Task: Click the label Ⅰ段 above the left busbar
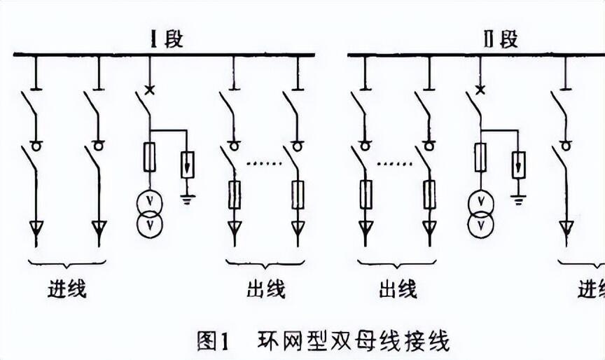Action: pyautogui.click(x=167, y=39)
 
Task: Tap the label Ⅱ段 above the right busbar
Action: pyautogui.click(x=501, y=39)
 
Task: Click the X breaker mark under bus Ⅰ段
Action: pyautogui.click(x=150, y=90)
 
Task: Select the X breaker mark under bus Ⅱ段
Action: pyautogui.click(x=480, y=90)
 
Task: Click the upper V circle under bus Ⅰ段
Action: pyautogui.click(x=150, y=202)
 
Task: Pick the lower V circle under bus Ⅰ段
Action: pyautogui.click(x=150, y=225)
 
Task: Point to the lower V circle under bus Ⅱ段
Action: pyautogui.click(x=480, y=225)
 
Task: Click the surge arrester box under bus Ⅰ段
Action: pyautogui.click(x=188, y=165)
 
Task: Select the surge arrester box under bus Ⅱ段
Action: pyautogui.click(x=519, y=165)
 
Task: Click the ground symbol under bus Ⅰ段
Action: pyautogui.click(x=188, y=200)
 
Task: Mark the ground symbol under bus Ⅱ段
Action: pyautogui.click(x=519, y=200)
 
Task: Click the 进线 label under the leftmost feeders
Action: pyautogui.click(x=67, y=289)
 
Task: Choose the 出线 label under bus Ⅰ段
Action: pyautogui.click(x=266, y=289)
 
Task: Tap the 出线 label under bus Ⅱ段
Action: pyautogui.click(x=398, y=289)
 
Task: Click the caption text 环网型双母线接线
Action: pyautogui.click(x=353, y=340)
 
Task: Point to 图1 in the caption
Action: pyautogui.click(x=213, y=340)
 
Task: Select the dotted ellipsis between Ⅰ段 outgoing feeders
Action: pyautogui.click(x=264, y=164)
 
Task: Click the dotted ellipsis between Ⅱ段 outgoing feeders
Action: pyautogui.click(x=394, y=164)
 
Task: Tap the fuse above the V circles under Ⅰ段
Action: pyautogui.click(x=150, y=157)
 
